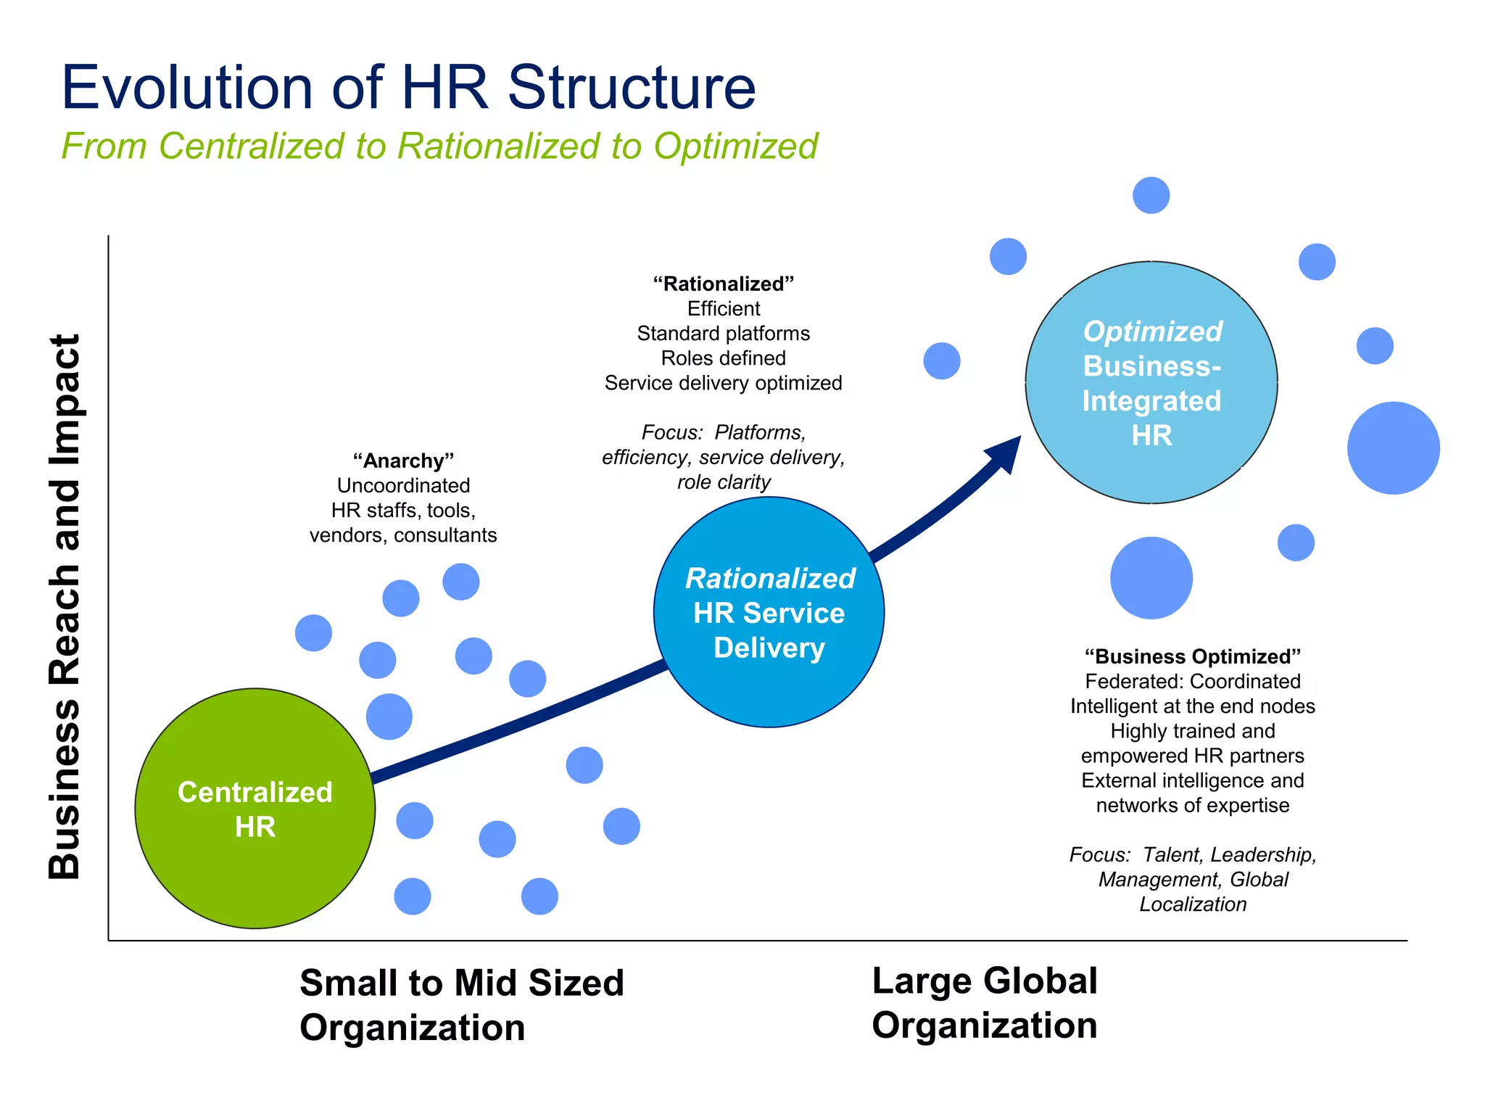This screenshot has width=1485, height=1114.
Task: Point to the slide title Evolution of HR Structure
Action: coord(408,88)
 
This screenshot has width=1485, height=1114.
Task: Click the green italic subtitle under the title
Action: coord(439,146)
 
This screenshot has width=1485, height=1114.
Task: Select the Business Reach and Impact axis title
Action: coord(65,606)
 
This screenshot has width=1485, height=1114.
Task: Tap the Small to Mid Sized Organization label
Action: coord(461,1005)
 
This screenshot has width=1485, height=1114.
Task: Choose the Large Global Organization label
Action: coord(984,1003)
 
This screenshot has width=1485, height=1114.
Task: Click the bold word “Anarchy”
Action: coord(403,461)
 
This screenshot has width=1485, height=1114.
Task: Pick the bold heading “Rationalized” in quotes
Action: coord(723,284)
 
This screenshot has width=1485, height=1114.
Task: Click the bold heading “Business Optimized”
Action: coord(1193,656)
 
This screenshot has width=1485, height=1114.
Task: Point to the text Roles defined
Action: coord(723,358)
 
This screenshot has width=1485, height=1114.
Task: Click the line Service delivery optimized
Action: coord(723,383)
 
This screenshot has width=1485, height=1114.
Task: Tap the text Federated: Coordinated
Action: coord(1193,682)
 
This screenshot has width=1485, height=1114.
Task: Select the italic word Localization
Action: coord(1193,904)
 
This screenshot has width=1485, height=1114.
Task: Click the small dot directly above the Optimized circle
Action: coord(1151,195)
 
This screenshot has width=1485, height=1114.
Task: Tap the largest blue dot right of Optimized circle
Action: coord(1393,448)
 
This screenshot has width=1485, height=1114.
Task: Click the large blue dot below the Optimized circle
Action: coord(1151,578)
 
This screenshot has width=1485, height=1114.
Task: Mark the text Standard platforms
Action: coord(723,334)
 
